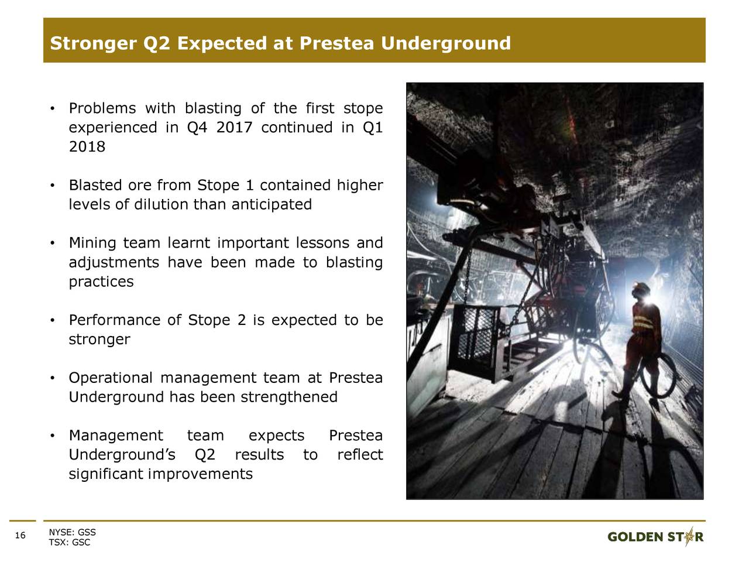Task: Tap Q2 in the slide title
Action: (157, 44)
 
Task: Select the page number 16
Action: (20, 536)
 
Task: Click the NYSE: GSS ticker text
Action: (73, 532)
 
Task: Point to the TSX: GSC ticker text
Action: (70, 542)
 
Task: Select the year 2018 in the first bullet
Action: (87, 147)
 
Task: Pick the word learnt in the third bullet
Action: (188, 243)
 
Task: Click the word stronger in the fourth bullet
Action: (99, 340)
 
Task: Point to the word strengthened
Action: (289, 397)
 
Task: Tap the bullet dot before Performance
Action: (52, 320)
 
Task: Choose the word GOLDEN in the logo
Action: (635, 537)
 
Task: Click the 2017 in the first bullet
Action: (234, 128)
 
